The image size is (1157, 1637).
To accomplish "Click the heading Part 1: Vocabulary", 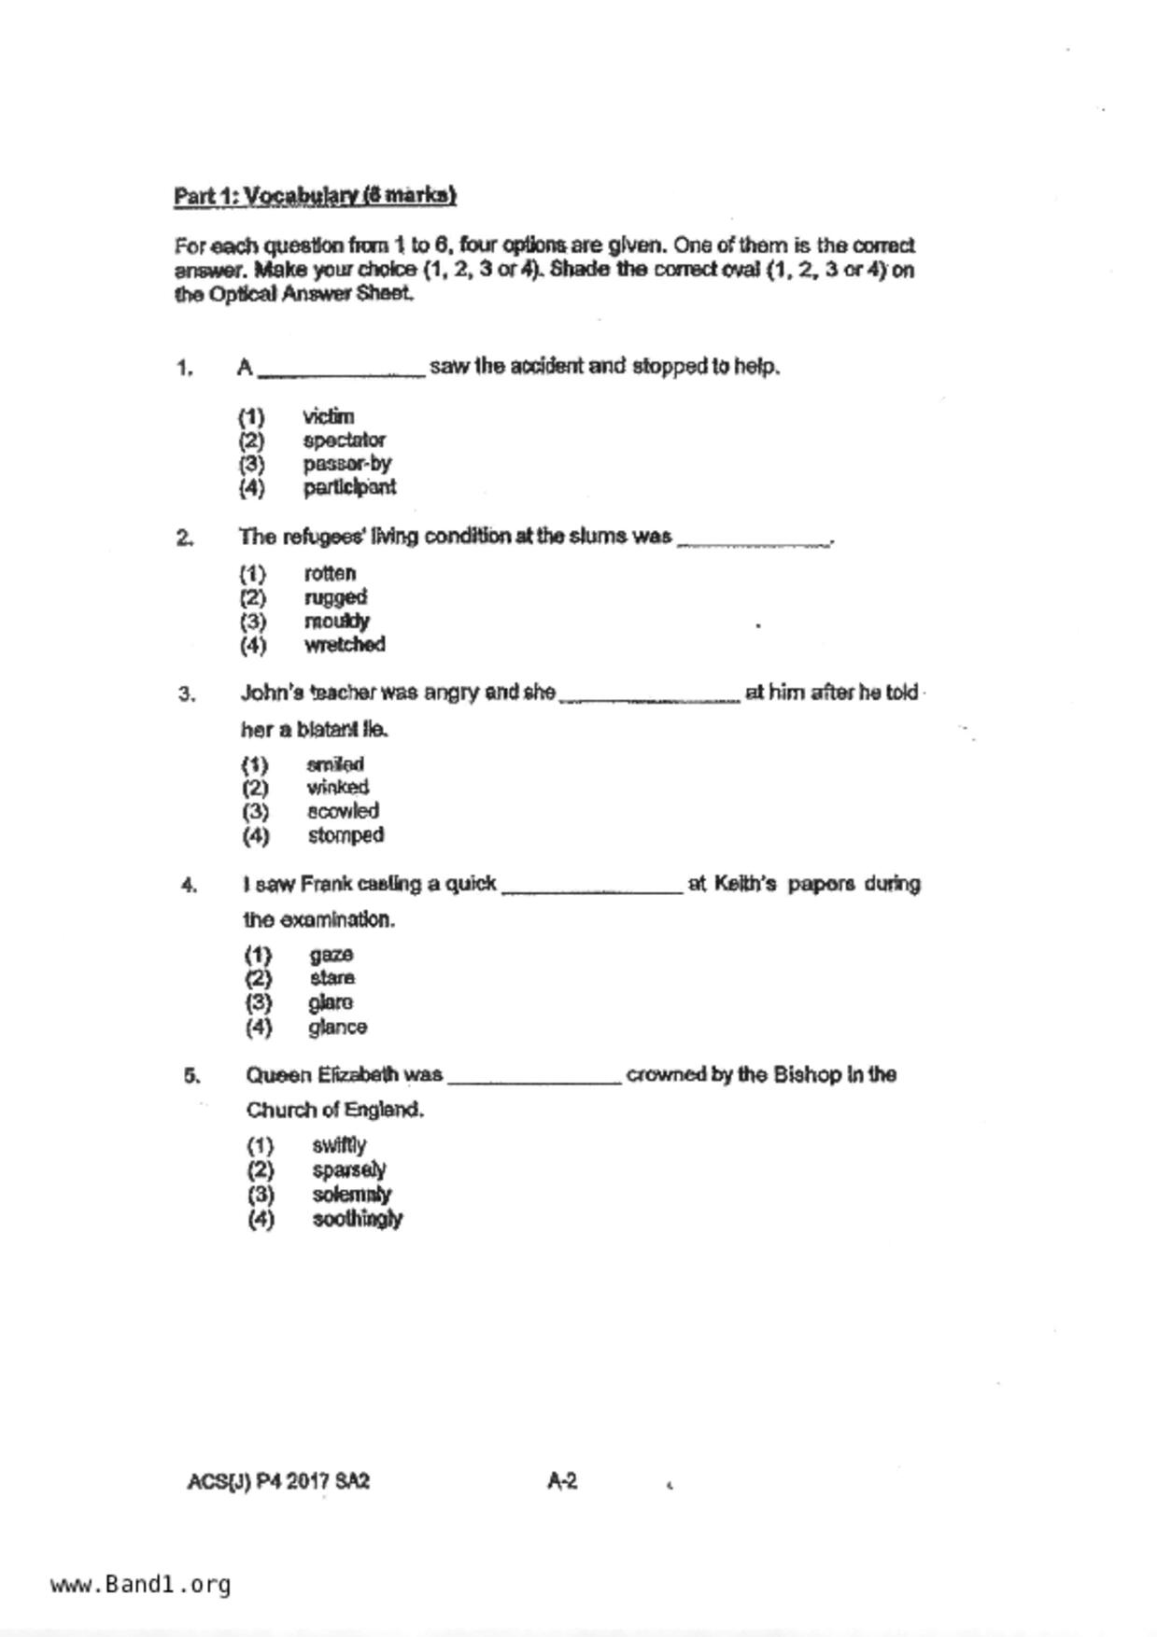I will [315, 196].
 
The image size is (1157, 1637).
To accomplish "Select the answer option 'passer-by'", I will [346, 464].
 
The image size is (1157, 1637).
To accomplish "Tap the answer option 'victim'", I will [328, 416].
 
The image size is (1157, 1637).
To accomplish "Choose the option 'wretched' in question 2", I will [345, 645].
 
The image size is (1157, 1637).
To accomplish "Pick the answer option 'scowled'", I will [343, 811].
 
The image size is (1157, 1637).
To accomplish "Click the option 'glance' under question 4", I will [338, 1027].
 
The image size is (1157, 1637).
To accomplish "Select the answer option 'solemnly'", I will [352, 1195].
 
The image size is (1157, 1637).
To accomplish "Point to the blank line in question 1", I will [342, 373].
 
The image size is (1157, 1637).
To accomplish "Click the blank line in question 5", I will [534, 1081].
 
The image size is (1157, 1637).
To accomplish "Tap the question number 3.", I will [187, 694].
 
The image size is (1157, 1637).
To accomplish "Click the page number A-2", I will [562, 1481].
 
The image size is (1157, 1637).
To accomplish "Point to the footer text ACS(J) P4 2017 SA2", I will [278, 1481].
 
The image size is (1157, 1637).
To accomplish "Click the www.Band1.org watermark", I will [141, 1584].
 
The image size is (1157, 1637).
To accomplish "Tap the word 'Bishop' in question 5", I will [808, 1074].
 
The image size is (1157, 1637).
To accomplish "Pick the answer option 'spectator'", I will [344, 440].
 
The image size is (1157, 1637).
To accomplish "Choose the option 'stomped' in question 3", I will [346, 835].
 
